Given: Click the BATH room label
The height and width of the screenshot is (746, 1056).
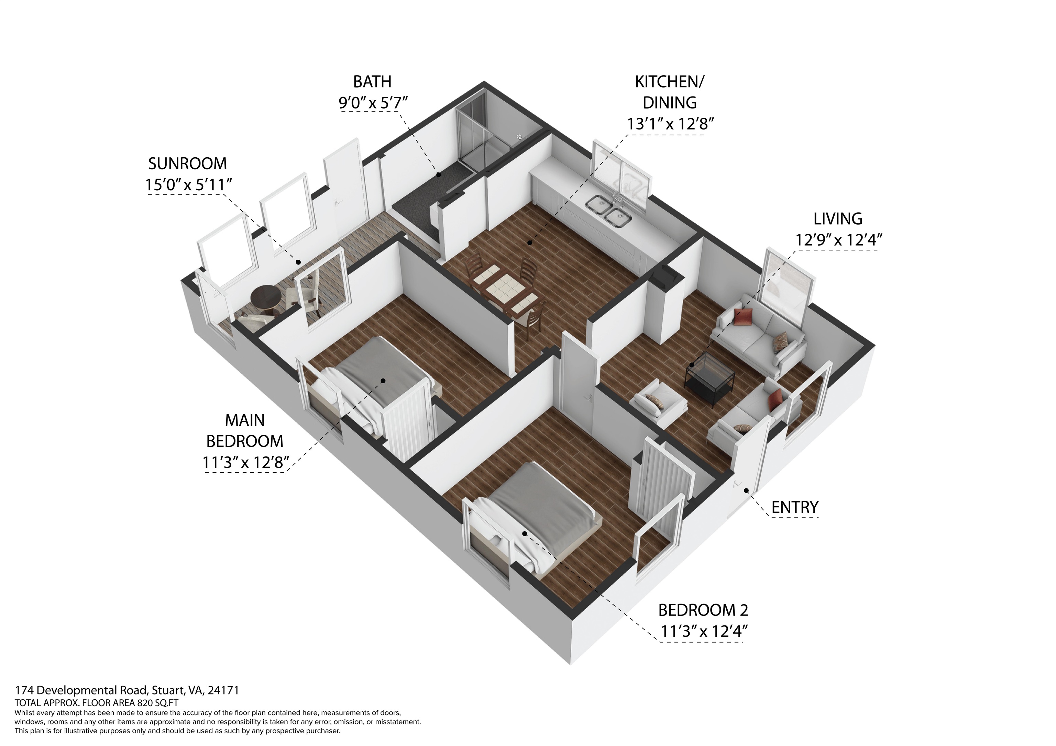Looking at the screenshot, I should (x=372, y=82).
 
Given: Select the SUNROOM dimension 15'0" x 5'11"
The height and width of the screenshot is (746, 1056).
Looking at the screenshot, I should (x=188, y=185).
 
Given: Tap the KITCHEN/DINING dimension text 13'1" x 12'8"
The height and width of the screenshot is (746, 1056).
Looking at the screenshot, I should (x=670, y=124).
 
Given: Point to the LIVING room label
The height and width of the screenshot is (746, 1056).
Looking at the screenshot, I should (x=837, y=219).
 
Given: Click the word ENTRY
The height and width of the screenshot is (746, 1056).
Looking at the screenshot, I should (x=795, y=507).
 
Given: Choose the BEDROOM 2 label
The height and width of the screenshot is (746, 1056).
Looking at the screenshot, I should (x=703, y=610).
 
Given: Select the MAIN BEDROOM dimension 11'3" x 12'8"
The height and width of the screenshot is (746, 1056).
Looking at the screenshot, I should (x=244, y=462).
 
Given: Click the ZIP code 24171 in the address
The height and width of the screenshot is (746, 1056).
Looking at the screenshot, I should (x=223, y=690).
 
